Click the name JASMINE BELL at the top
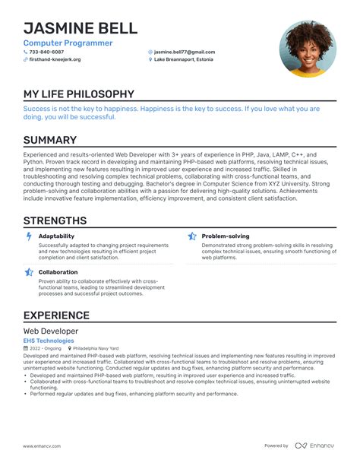(80, 28)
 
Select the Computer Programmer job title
(68, 43)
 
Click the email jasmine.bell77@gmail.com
(184, 52)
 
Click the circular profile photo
(308, 49)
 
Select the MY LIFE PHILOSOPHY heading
(78, 95)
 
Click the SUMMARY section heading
(49, 140)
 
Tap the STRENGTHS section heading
(55, 220)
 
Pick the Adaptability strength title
(56, 236)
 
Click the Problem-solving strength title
(225, 236)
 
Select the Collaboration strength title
(58, 271)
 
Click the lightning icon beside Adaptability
(29, 236)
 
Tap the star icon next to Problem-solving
(192, 236)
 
